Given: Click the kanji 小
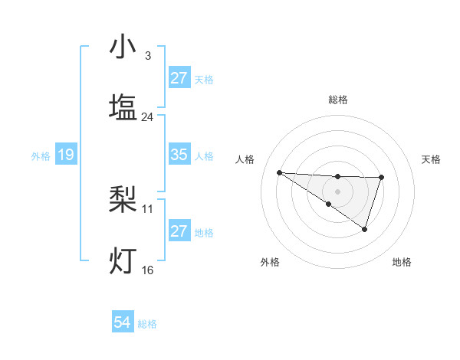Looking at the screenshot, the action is pos(123,48).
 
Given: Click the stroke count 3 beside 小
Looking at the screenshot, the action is pos(148,56).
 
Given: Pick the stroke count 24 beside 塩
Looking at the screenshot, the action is pos(148,117).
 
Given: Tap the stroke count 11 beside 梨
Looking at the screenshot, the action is pos(148,208).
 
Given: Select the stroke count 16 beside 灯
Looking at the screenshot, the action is pos(148,270).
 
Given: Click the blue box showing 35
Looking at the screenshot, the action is pos(179,155).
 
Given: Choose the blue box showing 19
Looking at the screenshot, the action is pos(66,155).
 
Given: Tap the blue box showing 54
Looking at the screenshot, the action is pos(123,323).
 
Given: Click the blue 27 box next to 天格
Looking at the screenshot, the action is pos(179,78).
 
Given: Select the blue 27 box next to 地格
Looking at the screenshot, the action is pos(179,231).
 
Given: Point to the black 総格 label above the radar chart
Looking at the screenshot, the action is pos(338,100).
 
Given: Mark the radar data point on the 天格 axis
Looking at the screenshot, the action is pos(381,178).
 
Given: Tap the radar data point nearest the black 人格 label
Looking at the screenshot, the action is pos(279,172).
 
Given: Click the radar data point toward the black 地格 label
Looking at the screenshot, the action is pos(365,229).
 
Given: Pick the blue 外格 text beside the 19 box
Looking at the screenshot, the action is pos(41,156).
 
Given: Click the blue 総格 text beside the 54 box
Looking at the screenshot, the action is pos(147,324).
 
